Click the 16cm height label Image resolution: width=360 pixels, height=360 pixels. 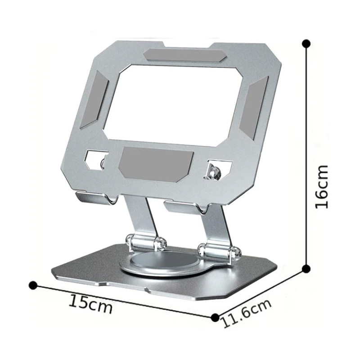tap(322, 186)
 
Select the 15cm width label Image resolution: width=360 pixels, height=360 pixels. tap(90, 305)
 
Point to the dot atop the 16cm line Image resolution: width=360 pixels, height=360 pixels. tap(307, 44)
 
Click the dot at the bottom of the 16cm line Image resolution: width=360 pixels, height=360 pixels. tap(306, 269)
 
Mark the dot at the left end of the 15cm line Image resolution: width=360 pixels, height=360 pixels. tap(32, 285)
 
